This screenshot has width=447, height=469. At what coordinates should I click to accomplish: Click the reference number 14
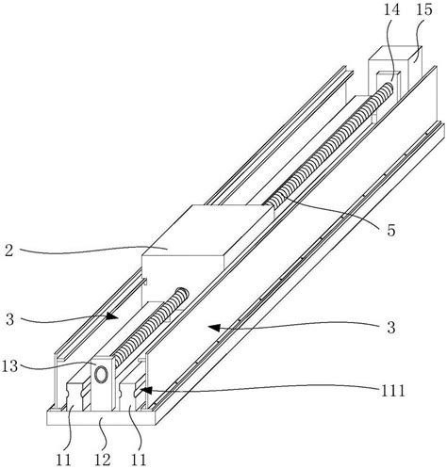click(x=391, y=9)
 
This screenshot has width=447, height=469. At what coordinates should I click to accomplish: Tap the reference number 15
click(x=424, y=9)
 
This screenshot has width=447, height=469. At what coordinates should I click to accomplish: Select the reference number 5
click(x=390, y=231)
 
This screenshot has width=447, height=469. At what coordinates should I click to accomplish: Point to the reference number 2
click(x=9, y=251)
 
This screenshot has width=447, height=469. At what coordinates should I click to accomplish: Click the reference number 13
click(x=9, y=366)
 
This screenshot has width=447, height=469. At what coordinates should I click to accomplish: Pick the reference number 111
click(x=393, y=391)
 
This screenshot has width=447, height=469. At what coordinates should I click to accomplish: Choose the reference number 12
click(x=103, y=460)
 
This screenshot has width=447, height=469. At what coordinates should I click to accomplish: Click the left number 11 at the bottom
click(x=64, y=460)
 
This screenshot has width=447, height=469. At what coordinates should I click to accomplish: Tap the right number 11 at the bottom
click(x=139, y=460)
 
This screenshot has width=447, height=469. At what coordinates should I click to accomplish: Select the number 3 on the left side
click(x=9, y=319)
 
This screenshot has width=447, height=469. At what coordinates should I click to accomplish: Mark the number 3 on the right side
click(x=390, y=328)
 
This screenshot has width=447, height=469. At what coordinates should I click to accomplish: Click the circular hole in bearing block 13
click(x=102, y=374)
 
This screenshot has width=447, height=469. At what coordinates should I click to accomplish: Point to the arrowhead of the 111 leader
click(x=145, y=390)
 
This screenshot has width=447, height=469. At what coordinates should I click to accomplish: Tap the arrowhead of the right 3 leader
click(x=214, y=328)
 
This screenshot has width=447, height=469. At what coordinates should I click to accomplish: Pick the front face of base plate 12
click(x=101, y=418)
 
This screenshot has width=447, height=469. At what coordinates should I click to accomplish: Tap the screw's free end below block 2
click(x=182, y=293)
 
